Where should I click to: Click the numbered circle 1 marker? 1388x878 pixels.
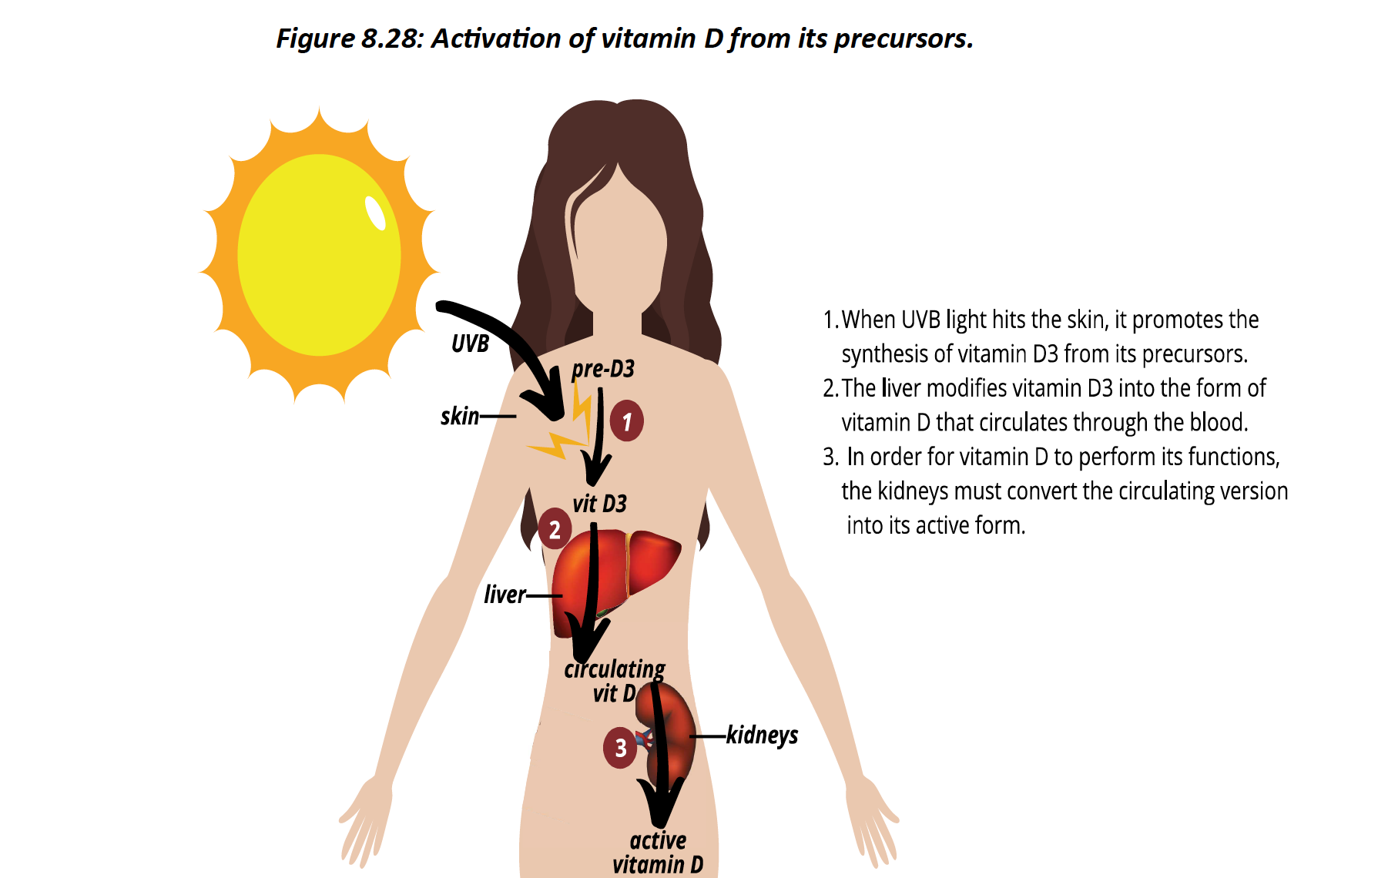(x=626, y=421)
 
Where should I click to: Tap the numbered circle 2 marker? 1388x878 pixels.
(x=555, y=529)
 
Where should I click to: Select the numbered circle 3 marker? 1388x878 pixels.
(x=620, y=747)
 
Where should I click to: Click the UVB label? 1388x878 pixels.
(x=470, y=343)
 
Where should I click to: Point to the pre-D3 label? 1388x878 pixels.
(x=603, y=369)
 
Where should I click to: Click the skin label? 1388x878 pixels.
(x=460, y=417)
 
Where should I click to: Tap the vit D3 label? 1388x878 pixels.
(x=599, y=504)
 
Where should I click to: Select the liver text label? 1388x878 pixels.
(x=505, y=595)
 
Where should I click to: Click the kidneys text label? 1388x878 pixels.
(x=762, y=736)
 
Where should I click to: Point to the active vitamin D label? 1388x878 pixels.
(x=658, y=852)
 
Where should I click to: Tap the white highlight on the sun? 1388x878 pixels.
(x=375, y=213)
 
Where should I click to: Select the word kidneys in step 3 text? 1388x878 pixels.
(x=912, y=491)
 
